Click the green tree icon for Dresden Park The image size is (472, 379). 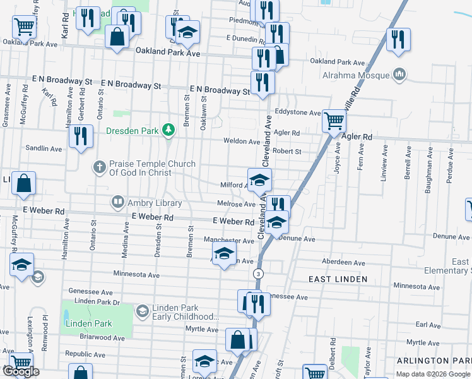click(x=168, y=131)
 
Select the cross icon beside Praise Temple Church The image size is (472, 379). click(x=99, y=167)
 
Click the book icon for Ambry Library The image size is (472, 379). click(x=117, y=203)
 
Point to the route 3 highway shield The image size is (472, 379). click(x=257, y=274)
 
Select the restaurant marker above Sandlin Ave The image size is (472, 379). click(x=81, y=136)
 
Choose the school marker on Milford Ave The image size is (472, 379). click(x=259, y=179)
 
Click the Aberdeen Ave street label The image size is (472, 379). click(x=343, y=263)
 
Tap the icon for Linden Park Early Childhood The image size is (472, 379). click(x=142, y=311)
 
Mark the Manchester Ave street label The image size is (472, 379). click(x=228, y=241)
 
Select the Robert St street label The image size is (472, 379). click(x=287, y=152)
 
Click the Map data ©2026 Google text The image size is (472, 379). click(x=434, y=374)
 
